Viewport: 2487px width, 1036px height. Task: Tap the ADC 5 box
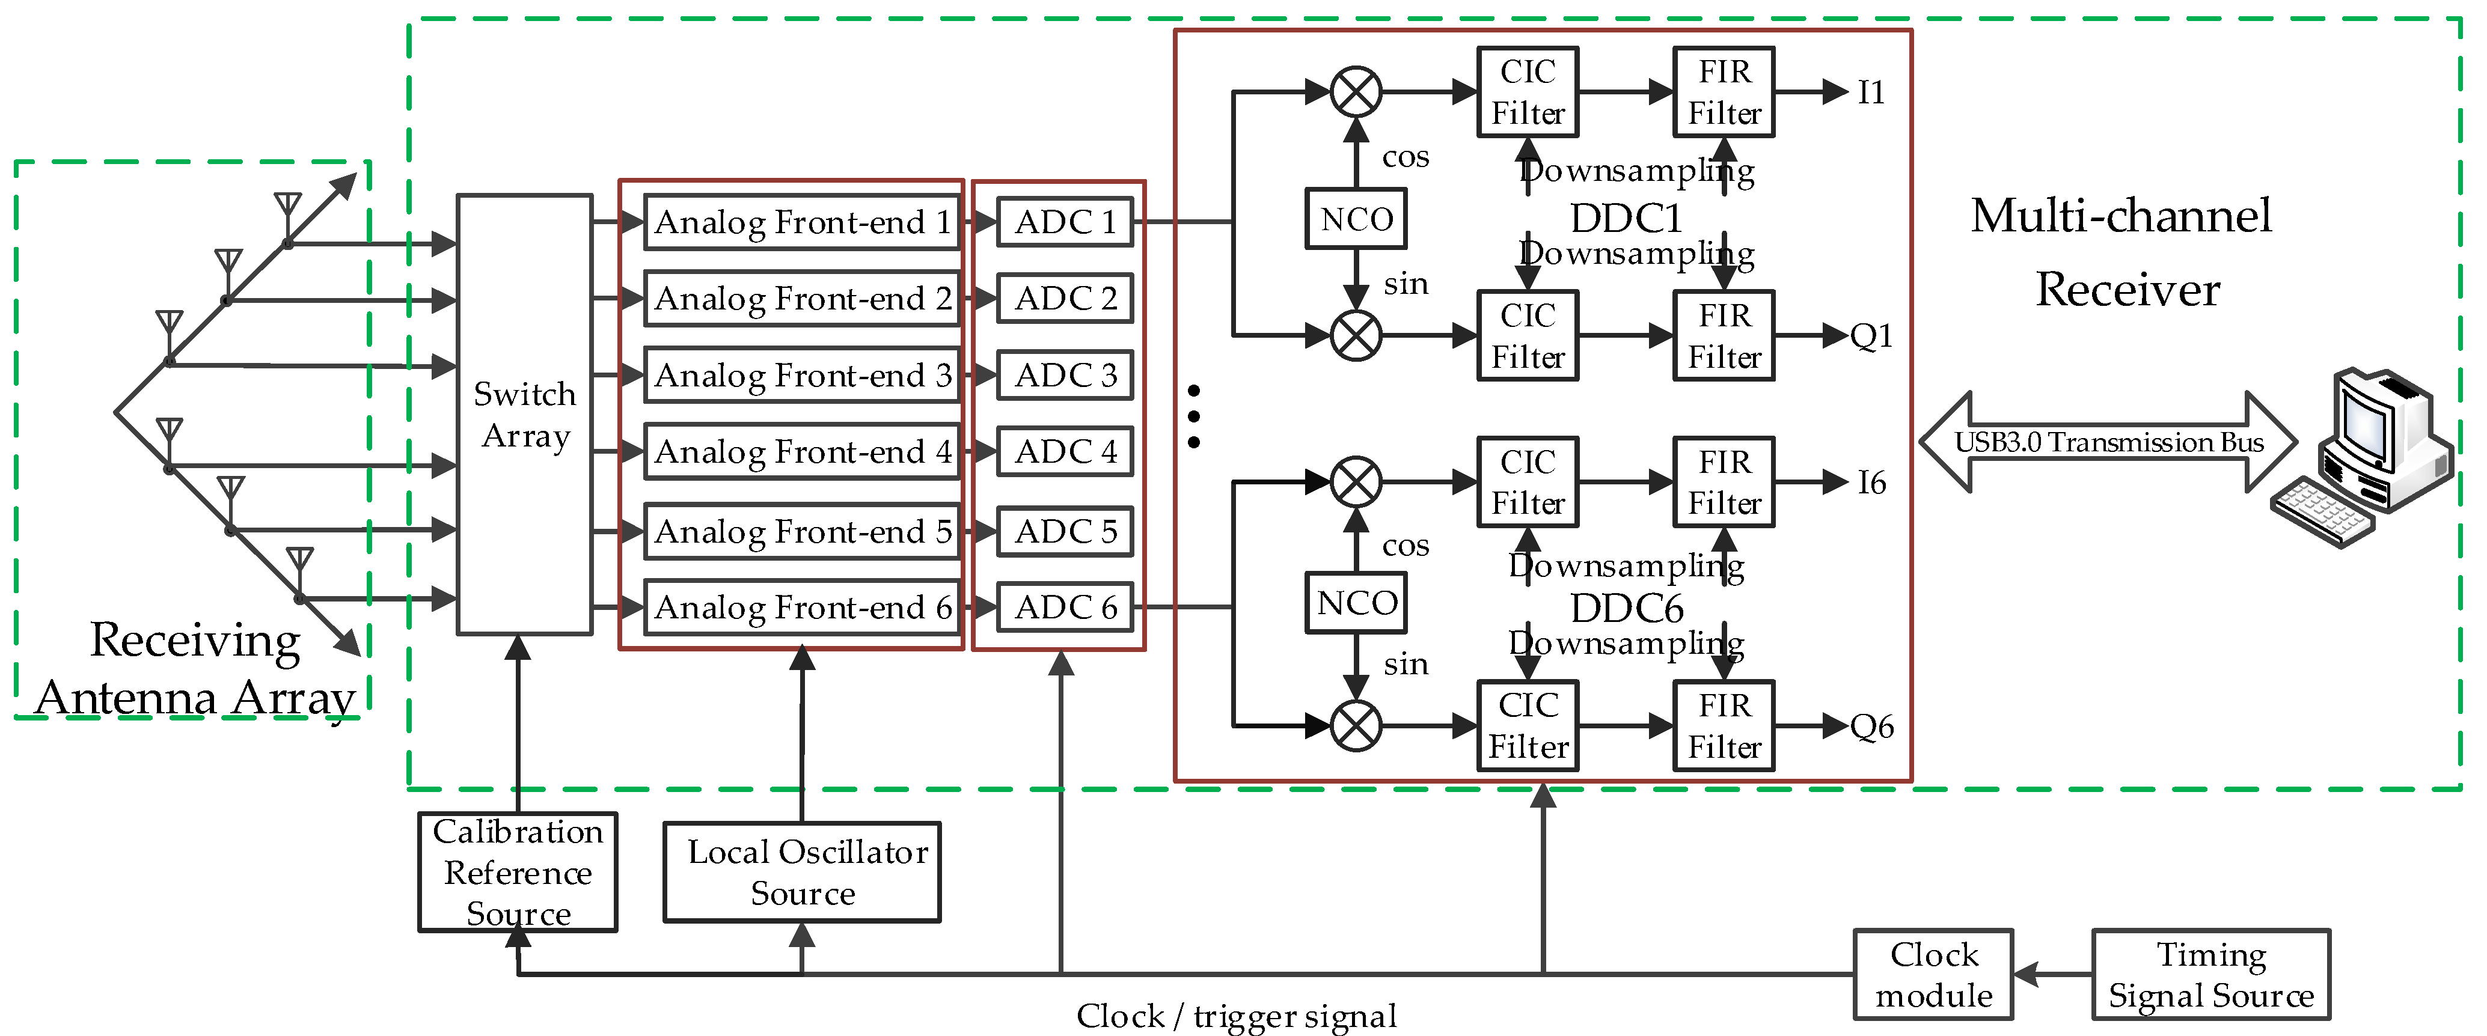[1064, 531]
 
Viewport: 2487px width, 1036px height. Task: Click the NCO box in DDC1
[1356, 219]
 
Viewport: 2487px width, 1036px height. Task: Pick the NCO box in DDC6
[1356, 603]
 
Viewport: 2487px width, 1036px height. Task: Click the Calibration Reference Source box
[518, 872]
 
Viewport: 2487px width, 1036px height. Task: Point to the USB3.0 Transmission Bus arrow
[2108, 442]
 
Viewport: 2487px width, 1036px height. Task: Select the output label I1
[1871, 93]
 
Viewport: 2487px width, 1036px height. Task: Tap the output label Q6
[1871, 726]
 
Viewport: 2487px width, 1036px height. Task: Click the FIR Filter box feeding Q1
[1724, 336]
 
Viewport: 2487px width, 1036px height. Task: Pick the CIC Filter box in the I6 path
[1528, 482]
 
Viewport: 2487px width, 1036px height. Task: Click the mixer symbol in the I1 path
[1356, 92]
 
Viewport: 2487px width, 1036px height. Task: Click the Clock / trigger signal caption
[1236, 1016]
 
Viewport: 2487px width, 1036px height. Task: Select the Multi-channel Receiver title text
[2122, 251]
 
